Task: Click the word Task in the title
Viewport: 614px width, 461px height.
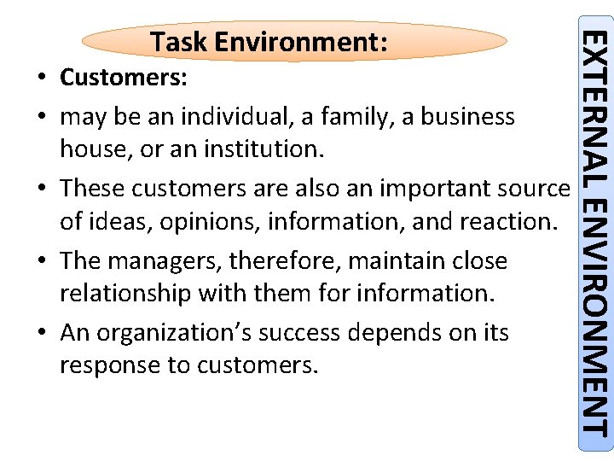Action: pyautogui.click(x=177, y=42)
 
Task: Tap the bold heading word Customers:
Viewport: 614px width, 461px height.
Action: pyautogui.click(x=125, y=79)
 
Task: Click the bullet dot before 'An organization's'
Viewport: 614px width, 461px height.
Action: pyautogui.click(x=42, y=333)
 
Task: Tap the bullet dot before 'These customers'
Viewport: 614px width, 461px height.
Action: pyautogui.click(x=42, y=189)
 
